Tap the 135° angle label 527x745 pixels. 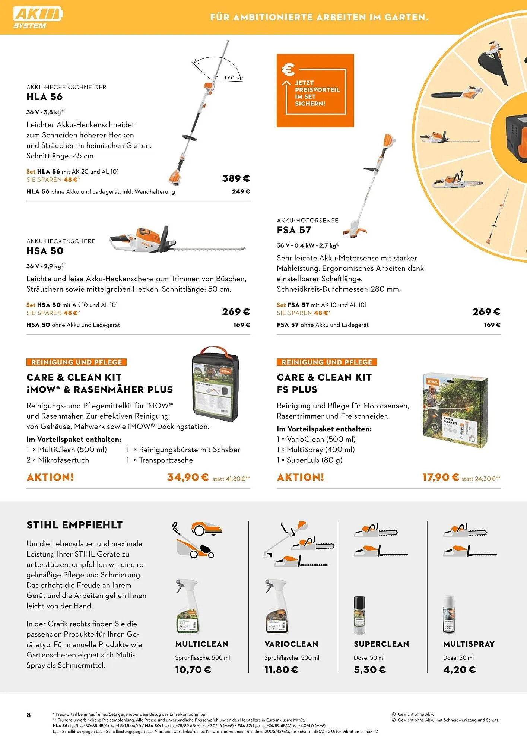point(229,77)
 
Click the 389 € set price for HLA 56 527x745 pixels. point(236,178)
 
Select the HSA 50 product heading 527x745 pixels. point(45,251)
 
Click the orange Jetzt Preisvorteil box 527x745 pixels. point(315,91)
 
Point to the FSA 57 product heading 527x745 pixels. point(294,230)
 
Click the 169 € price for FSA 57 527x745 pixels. point(492,325)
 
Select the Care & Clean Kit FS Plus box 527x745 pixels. point(455,410)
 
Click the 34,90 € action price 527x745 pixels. point(188,477)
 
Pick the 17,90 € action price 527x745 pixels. point(441,477)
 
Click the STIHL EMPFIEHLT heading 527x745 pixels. point(74,525)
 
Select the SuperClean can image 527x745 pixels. point(359,615)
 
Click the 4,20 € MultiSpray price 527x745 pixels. point(459,670)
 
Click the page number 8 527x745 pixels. point(29,715)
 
